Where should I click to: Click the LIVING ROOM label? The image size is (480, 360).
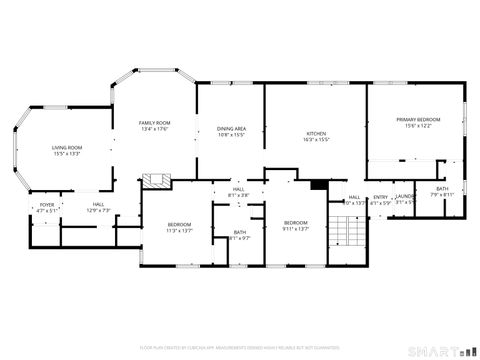67,148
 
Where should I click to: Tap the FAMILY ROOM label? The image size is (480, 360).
154,122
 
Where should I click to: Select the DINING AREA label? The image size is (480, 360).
231,129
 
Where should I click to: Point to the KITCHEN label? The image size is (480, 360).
316,133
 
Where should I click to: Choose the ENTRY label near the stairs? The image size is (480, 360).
380,197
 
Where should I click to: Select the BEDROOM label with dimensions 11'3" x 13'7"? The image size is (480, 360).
179,224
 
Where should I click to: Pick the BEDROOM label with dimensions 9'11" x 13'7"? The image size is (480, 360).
295,222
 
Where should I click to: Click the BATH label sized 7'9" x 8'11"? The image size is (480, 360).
442,189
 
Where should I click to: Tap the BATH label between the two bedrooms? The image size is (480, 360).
240,232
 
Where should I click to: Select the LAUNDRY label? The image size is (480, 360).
405,196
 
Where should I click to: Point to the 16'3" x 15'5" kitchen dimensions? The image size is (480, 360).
316,139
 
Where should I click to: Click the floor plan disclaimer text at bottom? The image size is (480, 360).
240,347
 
